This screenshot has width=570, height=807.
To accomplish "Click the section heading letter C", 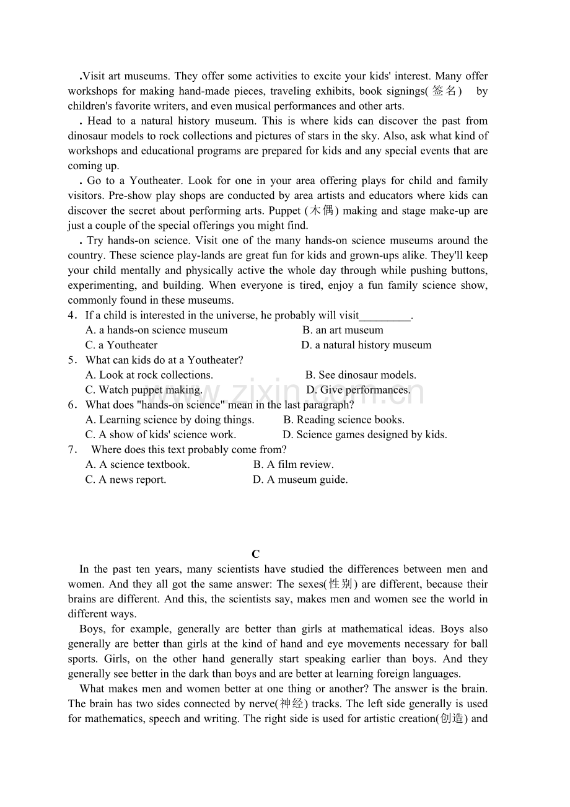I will (x=255, y=554).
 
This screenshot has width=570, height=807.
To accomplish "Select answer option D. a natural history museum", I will (x=366, y=345).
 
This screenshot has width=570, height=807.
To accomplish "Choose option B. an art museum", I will (x=343, y=330).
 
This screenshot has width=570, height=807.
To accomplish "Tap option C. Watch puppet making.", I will (x=144, y=390).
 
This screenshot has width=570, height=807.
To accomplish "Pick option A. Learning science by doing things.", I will (x=170, y=420).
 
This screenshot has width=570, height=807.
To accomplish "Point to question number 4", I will (x=72, y=315).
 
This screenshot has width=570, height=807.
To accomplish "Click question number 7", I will (x=72, y=450).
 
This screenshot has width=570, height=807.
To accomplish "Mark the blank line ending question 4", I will (x=385, y=316).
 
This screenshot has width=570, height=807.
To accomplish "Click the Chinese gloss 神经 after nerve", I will (x=293, y=704).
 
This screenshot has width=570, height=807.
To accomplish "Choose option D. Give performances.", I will (x=358, y=390).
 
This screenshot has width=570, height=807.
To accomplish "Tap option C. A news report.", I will (x=126, y=480).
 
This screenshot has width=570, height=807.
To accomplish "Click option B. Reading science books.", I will (x=344, y=420).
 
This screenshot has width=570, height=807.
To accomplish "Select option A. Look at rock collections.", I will (x=149, y=375).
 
